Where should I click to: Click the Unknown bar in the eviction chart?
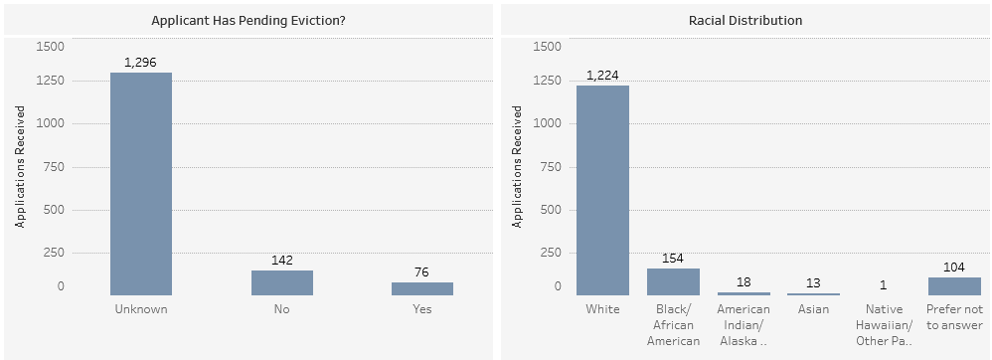pyautogui.click(x=141, y=183)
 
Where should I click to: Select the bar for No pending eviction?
pyautogui.click(x=282, y=282)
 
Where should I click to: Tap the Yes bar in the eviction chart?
pyautogui.click(x=422, y=288)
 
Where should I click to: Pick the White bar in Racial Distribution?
pyautogui.click(x=603, y=190)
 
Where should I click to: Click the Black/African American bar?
pyautogui.click(x=673, y=282)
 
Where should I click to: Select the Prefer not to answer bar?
pyautogui.click(x=954, y=286)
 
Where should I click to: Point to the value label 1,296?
pyautogui.click(x=141, y=62)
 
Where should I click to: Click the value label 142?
pyautogui.click(x=282, y=260)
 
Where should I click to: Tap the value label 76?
pyautogui.click(x=422, y=272)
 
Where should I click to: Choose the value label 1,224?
pyautogui.click(x=603, y=75)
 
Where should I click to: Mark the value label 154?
pyautogui.click(x=673, y=259)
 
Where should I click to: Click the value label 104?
pyautogui.click(x=954, y=267)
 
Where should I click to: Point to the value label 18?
pyautogui.click(x=744, y=282)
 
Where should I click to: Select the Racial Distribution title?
pyautogui.click(x=745, y=20)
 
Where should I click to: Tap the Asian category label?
pyautogui.click(x=814, y=309)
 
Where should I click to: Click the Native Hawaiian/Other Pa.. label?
pyautogui.click(x=884, y=325)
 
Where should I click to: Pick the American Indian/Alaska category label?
pyautogui.click(x=744, y=325)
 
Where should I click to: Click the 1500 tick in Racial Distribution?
pyautogui.click(x=548, y=46)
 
